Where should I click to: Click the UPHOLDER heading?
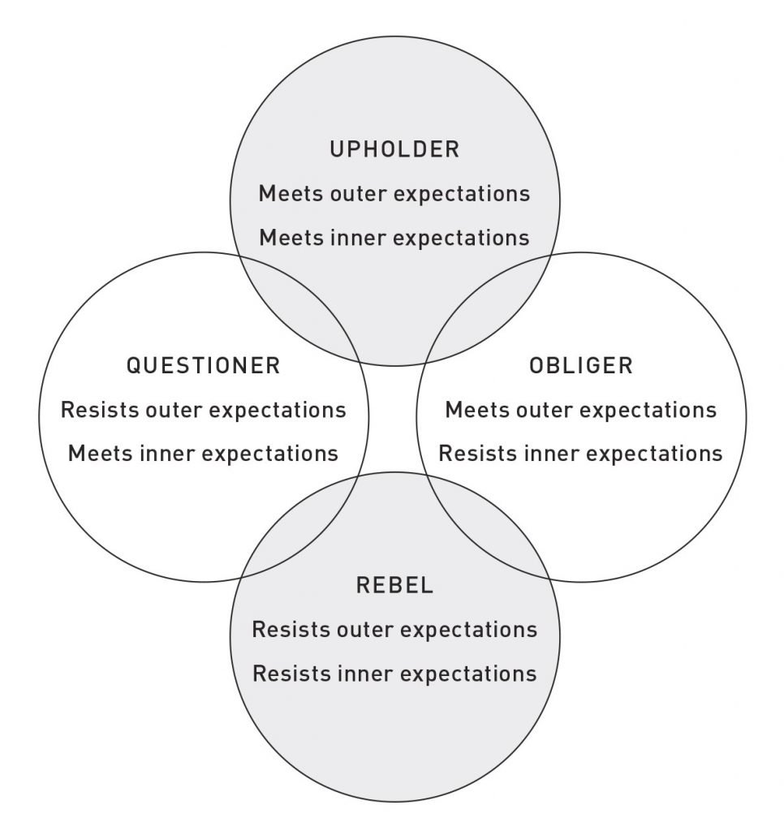[394, 149]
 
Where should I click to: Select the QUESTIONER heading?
[204, 366]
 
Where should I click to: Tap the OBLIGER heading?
[581, 366]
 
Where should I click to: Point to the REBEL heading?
[395, 586]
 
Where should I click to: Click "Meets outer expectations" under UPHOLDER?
[394, 194]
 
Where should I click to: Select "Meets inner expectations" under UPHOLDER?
[394, 238]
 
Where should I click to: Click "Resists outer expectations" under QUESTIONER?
[204, 410]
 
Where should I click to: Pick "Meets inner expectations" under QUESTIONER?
[204, 454]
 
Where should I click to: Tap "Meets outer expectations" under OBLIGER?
[581, 410]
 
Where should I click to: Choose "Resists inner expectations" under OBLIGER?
[581, 454]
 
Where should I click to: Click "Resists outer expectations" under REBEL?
[395, 630]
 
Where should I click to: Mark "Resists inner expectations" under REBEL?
[395, 674]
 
